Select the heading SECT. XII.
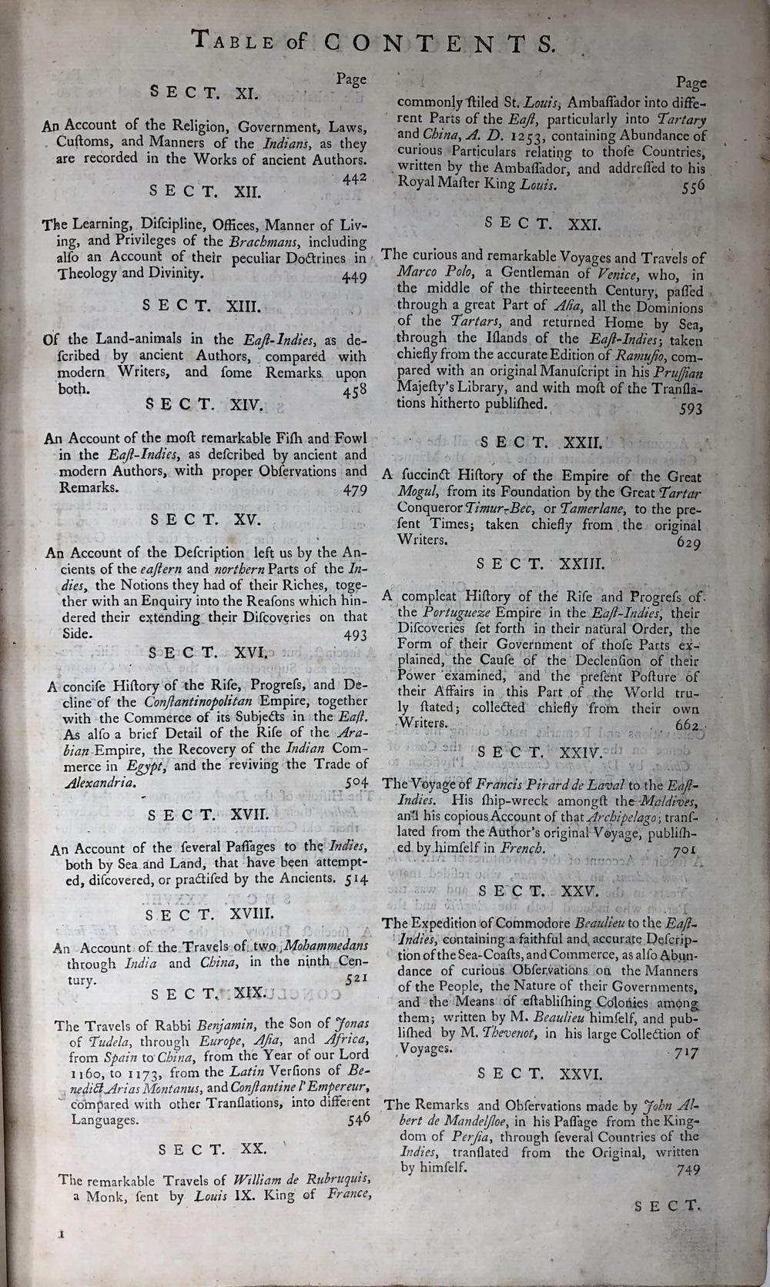point(206,190)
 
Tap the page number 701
point(683,850)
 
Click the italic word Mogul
point(416,493)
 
